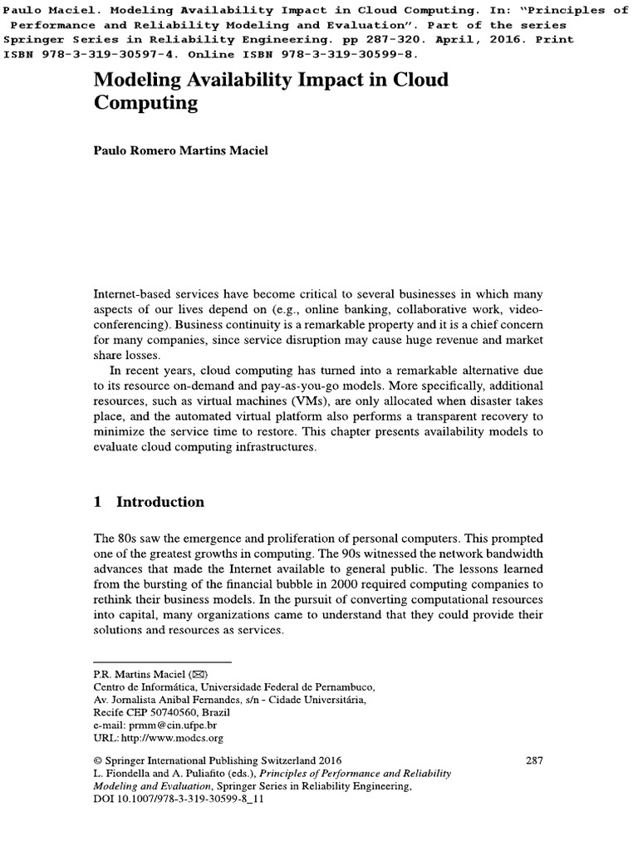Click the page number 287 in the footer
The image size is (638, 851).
point(536,760)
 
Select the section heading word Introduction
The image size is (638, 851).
point(159,502)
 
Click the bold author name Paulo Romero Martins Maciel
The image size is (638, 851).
point(188,175)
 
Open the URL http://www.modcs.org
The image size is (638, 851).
point(173,737)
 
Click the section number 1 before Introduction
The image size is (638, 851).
point(97,502)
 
